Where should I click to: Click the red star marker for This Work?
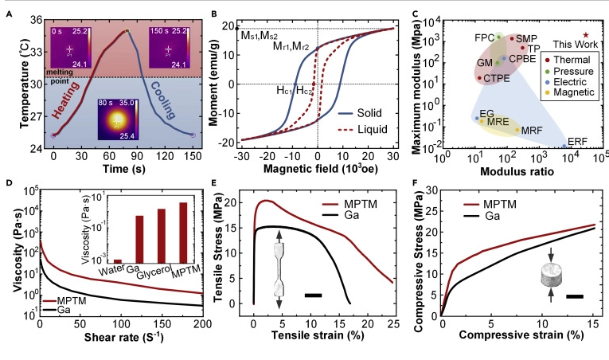586,35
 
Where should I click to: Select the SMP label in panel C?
527,37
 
